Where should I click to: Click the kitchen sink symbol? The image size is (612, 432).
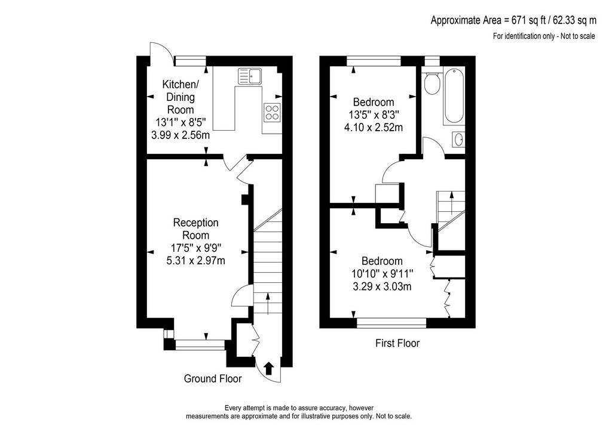pyautogui.click(x=250, y=76)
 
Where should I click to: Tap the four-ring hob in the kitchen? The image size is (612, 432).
pyautogui.click(x=272, y=112)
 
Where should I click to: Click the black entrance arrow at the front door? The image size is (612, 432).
pyautogui.click(x=269, y=368)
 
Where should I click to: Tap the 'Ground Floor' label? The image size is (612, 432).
pyautogui.click(x=213, y=379)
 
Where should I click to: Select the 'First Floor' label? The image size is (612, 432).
pyautogui.click(x=397, y=343)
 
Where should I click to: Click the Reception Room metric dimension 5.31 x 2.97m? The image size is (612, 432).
pyautogui.click(x=196, y=261)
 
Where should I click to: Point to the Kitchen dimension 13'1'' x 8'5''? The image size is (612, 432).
pyautogui.click(x=180, y=122)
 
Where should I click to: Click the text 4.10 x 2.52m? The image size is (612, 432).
pyautogui.click(x=374, y=127)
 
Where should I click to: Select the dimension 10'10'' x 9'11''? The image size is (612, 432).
pyautogui.click(x=382, y=274)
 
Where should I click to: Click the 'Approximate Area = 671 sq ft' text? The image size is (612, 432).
pyautogui.click(x=488, y=20)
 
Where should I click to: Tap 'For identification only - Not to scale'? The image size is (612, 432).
pyautogui.click(x=544, y=36)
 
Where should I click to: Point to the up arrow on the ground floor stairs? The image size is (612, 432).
pyautogui.click(x=268, y=304)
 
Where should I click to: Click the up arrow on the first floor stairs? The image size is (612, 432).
pyautogui.click(x=452, y=202)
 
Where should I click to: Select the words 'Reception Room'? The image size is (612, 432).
pyautogui.click(x=196, y=229)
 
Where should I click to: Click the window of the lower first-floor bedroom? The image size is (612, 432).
pyautogui.click(x=391, y=322)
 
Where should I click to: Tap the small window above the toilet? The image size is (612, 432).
pyautogui.click(x=432, y=61)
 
